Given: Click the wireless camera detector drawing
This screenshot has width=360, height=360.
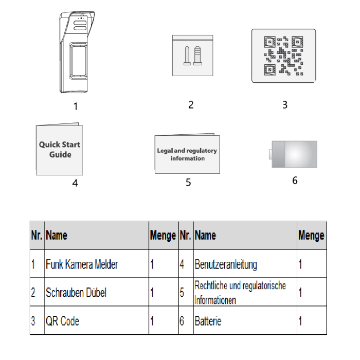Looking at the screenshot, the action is point(77,52).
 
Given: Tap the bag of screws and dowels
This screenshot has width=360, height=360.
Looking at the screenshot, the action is point(193,56).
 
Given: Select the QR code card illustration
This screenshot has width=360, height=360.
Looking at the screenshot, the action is point(283,56).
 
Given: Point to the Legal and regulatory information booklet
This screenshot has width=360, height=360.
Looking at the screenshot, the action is point(187,154).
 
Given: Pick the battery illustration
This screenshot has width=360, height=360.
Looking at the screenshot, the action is point(293,154).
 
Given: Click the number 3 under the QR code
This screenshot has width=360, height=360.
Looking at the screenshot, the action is point(285,105).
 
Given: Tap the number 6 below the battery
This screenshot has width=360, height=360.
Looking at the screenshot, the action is point(295,181).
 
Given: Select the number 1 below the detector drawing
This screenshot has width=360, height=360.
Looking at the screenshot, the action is point(75,106).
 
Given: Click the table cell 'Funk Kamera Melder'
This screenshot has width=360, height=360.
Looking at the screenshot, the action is point(82,264).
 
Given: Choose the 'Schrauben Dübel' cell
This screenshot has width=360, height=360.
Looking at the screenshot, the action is point(76,293).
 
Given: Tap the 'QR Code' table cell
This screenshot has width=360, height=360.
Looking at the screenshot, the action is point(62,321).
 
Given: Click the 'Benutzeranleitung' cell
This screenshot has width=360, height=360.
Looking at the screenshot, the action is point(226,264).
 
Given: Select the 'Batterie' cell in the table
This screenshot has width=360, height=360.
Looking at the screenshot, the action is point(208,321).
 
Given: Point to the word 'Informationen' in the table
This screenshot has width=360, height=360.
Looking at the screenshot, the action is point(215,300).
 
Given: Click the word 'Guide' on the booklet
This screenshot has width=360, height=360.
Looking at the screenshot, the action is point(60,154).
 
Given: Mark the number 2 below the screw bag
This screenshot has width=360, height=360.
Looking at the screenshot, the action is point(191,105).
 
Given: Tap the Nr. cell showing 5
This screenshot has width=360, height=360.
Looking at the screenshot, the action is point(182,293).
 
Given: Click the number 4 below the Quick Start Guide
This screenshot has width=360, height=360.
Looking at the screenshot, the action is point(75,183).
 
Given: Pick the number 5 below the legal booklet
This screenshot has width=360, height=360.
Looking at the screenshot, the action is point(188,183).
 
